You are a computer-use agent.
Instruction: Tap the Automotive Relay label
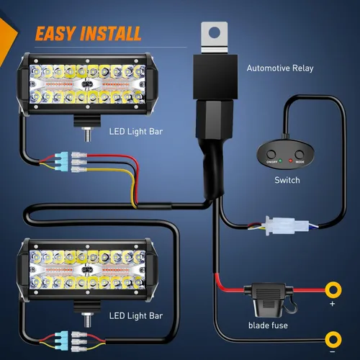click(279, 68)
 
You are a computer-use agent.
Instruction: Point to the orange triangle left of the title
click(9, 34)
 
